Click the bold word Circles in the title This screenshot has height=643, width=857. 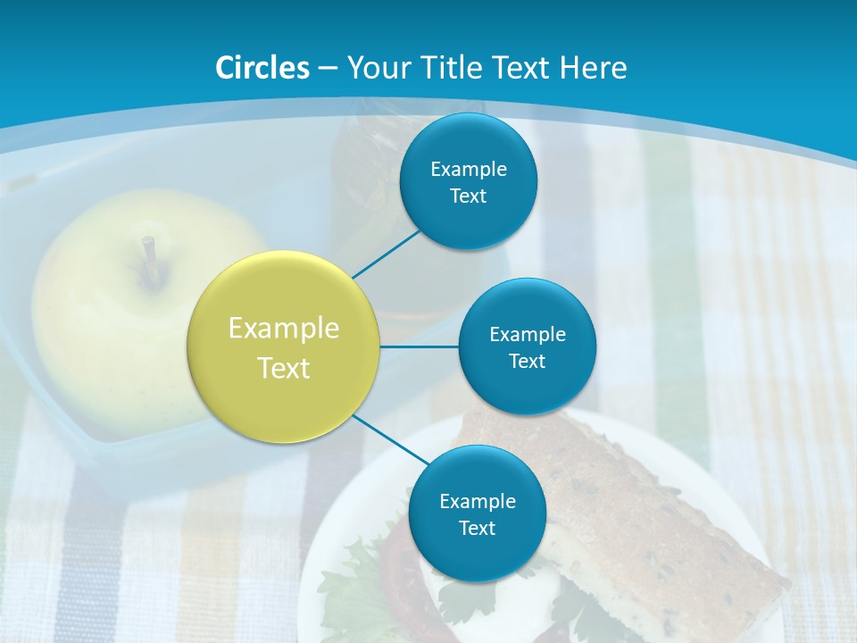[262, 68]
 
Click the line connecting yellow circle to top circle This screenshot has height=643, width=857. [387, 253]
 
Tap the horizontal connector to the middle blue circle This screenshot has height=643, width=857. [419, 346]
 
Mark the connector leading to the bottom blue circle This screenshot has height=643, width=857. [390, 438]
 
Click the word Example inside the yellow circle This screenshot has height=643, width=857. [284, 329]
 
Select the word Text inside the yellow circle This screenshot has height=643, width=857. [284, 368]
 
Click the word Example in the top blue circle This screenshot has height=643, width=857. [468, 169]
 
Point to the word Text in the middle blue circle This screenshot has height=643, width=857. [527, 361]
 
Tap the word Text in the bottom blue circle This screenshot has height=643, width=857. [477, 528]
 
